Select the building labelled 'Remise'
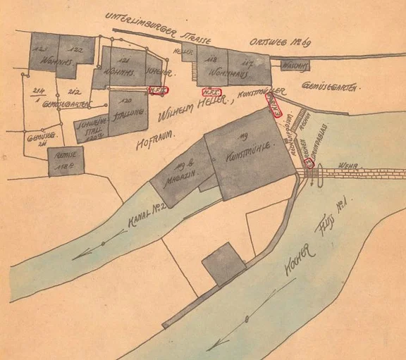click(66, 161)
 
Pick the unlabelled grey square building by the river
click(224, 264)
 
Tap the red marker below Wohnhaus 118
click(211, 92)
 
